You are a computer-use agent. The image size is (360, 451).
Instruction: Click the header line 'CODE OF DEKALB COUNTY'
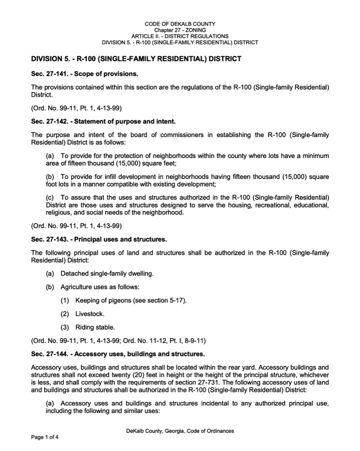[180, 24]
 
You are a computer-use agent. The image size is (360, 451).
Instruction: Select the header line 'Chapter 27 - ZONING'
[180, 30]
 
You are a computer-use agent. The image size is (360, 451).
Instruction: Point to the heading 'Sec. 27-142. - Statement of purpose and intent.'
[103, 122]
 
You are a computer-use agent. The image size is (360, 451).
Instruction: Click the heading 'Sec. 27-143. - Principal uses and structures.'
[99, 240]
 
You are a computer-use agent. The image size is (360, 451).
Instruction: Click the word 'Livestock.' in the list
[90, 314]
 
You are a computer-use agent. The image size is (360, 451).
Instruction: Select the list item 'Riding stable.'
[94, 327]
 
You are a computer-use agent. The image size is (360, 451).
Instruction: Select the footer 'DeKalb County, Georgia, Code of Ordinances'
[180, 431]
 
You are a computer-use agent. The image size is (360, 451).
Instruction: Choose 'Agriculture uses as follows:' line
[100, 287]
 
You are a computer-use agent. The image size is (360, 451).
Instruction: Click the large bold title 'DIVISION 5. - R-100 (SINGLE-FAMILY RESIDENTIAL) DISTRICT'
[136, 59]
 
